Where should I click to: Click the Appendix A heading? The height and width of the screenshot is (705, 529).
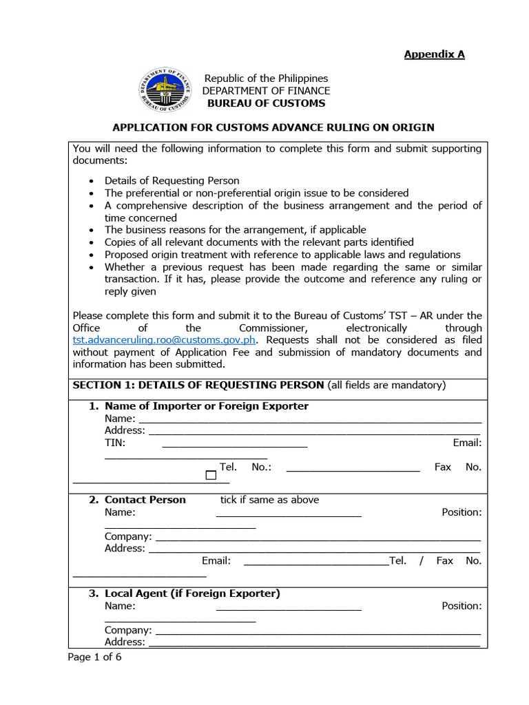pos(434,54)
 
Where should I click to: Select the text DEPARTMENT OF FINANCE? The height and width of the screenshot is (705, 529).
pos(266,91)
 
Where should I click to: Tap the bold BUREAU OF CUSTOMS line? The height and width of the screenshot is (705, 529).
pos(266,103)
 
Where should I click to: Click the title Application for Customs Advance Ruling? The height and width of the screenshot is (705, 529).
pos(273,127)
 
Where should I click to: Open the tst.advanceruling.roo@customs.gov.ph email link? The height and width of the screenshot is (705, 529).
pos(165,340)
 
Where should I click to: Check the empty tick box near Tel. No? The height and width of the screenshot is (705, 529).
pos(211,475)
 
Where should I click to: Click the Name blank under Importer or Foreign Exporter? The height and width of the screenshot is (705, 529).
pos(310,419)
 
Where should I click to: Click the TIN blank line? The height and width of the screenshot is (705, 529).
pos(234,443)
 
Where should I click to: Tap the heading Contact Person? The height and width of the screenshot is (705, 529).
pos(145,500)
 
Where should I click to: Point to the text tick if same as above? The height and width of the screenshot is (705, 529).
pos(269,500)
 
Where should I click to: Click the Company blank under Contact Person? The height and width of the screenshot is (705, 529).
pos(318,537)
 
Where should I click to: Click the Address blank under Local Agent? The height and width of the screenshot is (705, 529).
pos(314,642)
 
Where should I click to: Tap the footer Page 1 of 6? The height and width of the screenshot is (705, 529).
pos(94,657)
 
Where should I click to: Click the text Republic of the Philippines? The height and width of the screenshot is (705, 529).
pos(266,78)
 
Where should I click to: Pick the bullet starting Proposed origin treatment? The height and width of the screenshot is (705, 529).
pos(282,255)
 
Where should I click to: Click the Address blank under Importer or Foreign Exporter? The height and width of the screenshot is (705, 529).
pos(314,431)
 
